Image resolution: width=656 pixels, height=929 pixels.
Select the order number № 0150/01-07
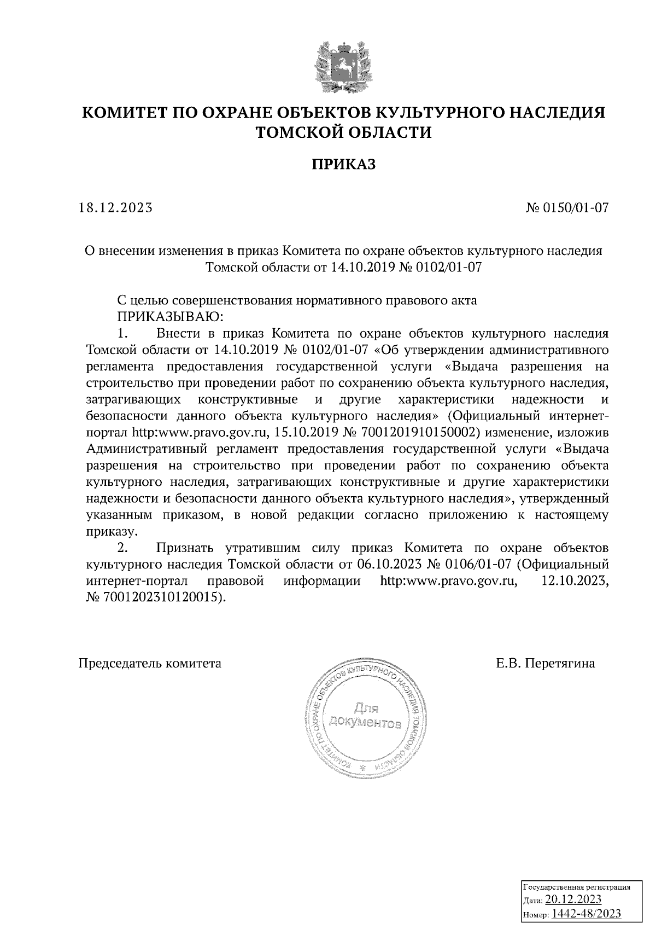pos(566,208)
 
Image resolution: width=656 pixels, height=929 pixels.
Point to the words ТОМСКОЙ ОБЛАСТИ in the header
pos(344,132)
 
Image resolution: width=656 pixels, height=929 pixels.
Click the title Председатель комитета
pos(150,664)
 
